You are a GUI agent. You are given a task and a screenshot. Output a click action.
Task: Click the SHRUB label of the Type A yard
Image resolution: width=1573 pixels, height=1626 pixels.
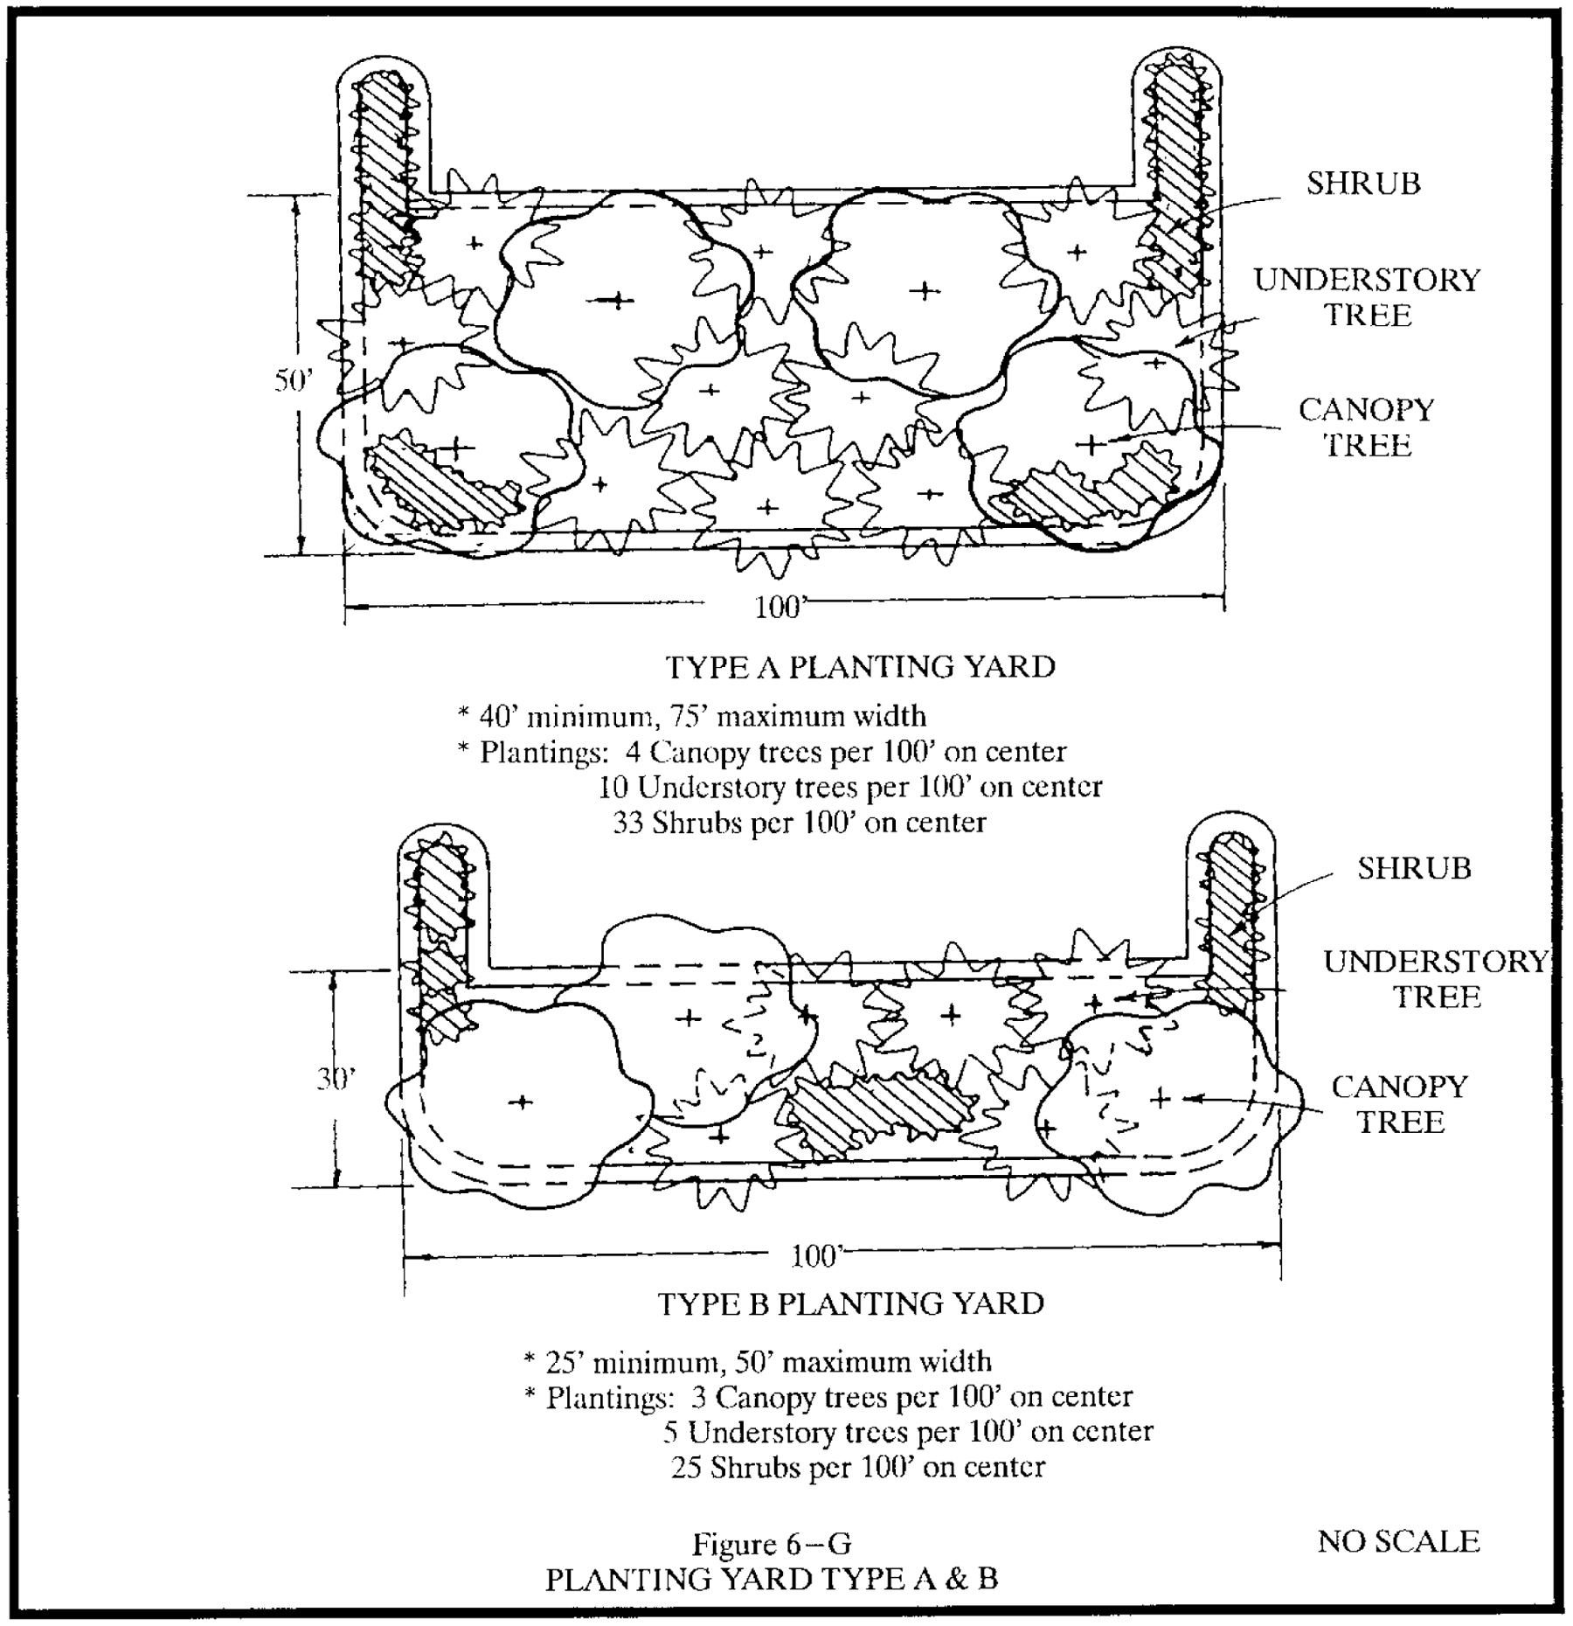tap(1363, 184)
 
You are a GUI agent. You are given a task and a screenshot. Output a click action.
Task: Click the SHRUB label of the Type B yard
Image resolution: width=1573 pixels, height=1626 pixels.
tap(1414, 868)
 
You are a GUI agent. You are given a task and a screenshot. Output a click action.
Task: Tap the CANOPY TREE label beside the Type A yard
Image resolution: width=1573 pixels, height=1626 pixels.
tap(1367, 427)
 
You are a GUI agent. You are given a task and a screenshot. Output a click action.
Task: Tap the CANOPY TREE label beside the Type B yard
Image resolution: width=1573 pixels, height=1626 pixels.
tap(1400, 1104)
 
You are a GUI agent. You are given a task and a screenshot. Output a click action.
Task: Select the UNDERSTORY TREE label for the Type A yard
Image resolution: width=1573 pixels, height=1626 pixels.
tap(1368, 297)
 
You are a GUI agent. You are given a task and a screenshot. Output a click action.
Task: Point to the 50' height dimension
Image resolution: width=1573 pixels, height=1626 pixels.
tap(292, 381)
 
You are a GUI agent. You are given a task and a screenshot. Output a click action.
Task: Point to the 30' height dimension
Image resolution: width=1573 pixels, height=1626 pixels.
tap(336, 1081)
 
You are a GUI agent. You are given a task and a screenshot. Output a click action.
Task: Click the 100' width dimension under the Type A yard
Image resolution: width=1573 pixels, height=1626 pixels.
tap(778, 608)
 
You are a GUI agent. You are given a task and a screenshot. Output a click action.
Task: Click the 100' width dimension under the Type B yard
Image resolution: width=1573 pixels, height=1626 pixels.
tap(814, 1257)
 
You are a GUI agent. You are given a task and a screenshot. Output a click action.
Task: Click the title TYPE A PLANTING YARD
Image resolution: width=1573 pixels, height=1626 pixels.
tap(861, 667)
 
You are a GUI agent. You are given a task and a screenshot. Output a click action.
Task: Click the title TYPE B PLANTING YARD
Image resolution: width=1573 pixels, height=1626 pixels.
tap(850, 1303)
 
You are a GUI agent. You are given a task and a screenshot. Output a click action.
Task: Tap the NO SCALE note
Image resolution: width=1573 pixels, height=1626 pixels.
tap(1398, 1541)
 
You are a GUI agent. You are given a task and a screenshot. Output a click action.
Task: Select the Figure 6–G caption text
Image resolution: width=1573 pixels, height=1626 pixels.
tap(772, 1545)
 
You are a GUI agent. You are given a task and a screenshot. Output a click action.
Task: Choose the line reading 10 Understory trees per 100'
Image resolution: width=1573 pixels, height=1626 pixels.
tap(849, 788)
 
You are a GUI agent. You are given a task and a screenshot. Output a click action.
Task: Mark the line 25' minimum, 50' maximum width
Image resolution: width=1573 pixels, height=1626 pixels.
tap(758, 1361)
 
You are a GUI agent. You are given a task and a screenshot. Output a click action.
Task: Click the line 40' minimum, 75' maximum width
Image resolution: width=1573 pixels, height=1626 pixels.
tap(691, 716)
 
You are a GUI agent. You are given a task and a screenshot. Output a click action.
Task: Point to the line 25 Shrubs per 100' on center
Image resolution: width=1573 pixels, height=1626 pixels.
tap(857, 1466)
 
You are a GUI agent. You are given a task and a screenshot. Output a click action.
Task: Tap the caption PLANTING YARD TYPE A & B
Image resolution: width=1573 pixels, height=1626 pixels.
tap(772, 1580)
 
